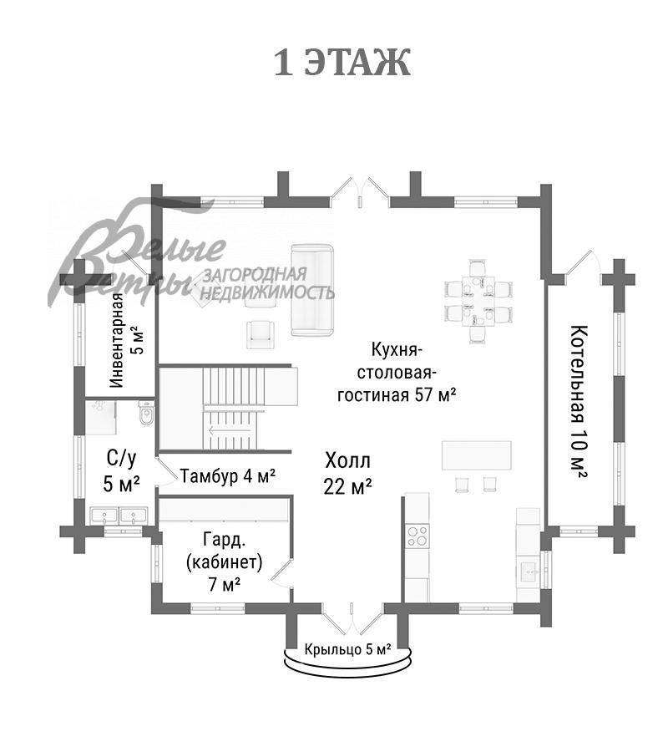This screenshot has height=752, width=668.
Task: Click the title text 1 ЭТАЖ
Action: (x=342, y=64)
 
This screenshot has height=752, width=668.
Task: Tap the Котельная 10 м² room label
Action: (x=578, y=401)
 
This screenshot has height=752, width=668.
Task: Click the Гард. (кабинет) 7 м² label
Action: (x=224, y=561)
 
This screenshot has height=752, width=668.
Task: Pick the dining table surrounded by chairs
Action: (x=478, y=299)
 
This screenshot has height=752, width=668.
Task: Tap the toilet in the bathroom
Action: (x=147, y=414)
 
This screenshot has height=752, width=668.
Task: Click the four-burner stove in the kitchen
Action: (x=417, y=535)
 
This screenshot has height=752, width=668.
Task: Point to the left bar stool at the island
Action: (x=462, y=484)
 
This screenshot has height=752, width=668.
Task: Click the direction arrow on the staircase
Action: (x=225, y=431)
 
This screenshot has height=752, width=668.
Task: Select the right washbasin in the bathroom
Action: (x=133, y=516)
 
